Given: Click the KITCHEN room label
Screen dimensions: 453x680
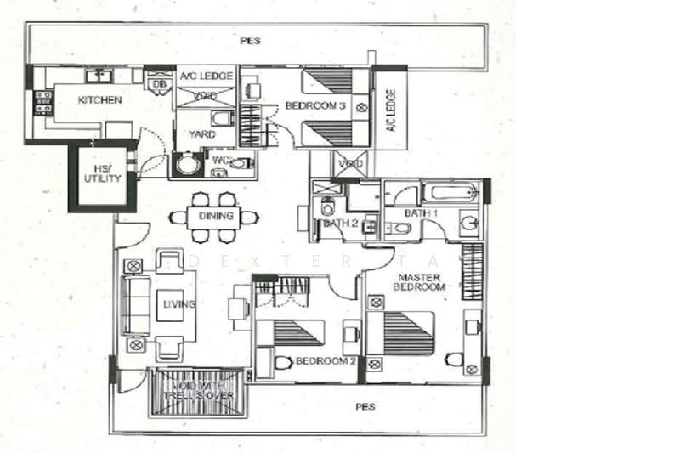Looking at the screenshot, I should click(99, 100).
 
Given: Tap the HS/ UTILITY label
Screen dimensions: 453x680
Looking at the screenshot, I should click(102, 174).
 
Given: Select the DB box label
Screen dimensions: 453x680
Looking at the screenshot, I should click(158, 83).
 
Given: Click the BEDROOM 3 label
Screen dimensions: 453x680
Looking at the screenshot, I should click(314, 106).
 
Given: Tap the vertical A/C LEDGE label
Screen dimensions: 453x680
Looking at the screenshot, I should click(391, 111).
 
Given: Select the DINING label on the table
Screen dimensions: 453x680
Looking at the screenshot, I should click(216, 216).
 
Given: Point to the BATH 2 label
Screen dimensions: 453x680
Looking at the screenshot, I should click(337, 224).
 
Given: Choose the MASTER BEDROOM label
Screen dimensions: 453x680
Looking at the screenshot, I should click(419, 282).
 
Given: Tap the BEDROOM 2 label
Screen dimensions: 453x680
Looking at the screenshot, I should click(326, 361).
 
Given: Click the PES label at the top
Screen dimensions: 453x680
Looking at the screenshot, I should click(250, 40).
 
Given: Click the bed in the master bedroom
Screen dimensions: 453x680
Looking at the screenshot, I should click(408, 333).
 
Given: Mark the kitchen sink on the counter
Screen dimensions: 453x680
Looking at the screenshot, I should click(100, 76).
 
